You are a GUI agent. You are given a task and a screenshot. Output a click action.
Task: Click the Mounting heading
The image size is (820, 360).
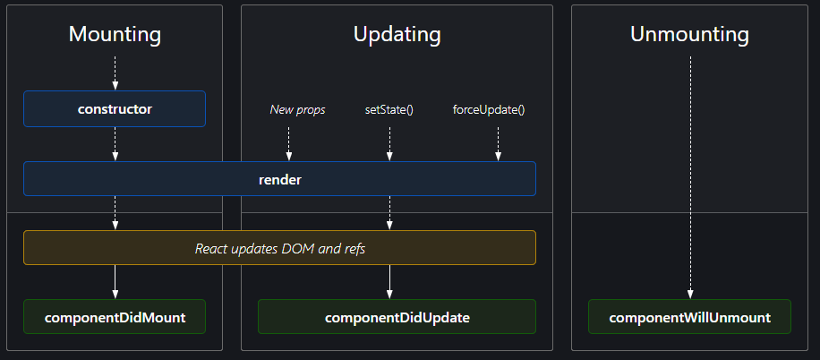[115, 35]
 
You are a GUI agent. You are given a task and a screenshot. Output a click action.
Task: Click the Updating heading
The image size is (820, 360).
[397, 35]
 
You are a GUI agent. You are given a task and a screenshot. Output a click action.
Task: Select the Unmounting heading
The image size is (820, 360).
[689, 35]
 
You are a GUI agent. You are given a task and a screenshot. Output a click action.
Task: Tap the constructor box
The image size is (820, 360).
[115, 109]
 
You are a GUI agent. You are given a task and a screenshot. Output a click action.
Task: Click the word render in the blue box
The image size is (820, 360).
[279, 179]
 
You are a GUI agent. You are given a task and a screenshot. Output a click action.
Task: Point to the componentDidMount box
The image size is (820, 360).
[115, 317]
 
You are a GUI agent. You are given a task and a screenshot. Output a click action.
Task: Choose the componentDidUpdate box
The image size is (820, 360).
[397, 317]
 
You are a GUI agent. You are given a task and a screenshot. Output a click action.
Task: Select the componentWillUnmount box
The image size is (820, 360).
[689, 317]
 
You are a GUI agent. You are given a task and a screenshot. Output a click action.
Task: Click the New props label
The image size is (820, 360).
[297, 110]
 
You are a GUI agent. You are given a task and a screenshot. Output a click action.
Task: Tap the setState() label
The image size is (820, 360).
[389, 110]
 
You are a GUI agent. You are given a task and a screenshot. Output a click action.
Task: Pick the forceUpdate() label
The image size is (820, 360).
[489, 110]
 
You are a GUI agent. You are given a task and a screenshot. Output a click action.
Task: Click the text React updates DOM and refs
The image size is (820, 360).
[279, 248]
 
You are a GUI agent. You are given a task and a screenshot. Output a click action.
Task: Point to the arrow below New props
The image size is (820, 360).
[289, 143]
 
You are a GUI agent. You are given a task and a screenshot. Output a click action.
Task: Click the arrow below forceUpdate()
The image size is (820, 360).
[498, 143]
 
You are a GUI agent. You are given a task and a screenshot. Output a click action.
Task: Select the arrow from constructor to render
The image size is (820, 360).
[115, 143]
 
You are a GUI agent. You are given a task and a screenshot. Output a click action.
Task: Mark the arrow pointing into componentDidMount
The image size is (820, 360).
[115, 282]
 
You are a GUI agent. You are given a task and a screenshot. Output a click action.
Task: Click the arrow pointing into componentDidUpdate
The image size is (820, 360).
[389, 282]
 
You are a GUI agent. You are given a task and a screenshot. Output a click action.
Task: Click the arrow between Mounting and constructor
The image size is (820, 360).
[115, 73]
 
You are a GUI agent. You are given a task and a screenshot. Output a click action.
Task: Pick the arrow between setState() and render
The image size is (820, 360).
[389, 143]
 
